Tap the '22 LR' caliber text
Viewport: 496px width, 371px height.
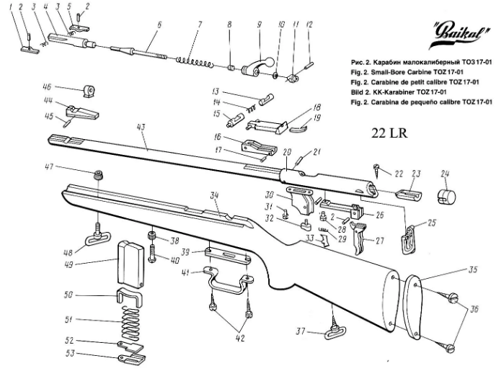coord(389,133)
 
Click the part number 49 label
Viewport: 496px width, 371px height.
coord(69,264)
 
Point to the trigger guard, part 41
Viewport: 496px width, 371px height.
coord(227,282)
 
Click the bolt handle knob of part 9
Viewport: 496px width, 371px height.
coord(268,61)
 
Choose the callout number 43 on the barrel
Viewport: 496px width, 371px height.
coord(141,128)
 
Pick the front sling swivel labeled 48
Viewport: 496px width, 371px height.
coord(98,236)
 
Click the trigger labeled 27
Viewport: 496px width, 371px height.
coord(359,238)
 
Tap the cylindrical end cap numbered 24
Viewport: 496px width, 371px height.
coord(447,197)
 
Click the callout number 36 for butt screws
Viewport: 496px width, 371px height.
coord(473,309)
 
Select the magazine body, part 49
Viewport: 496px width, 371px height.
coord(130,264)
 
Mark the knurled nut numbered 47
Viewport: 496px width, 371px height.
coord(99,175)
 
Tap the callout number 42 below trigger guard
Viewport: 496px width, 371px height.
coord(240,338)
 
